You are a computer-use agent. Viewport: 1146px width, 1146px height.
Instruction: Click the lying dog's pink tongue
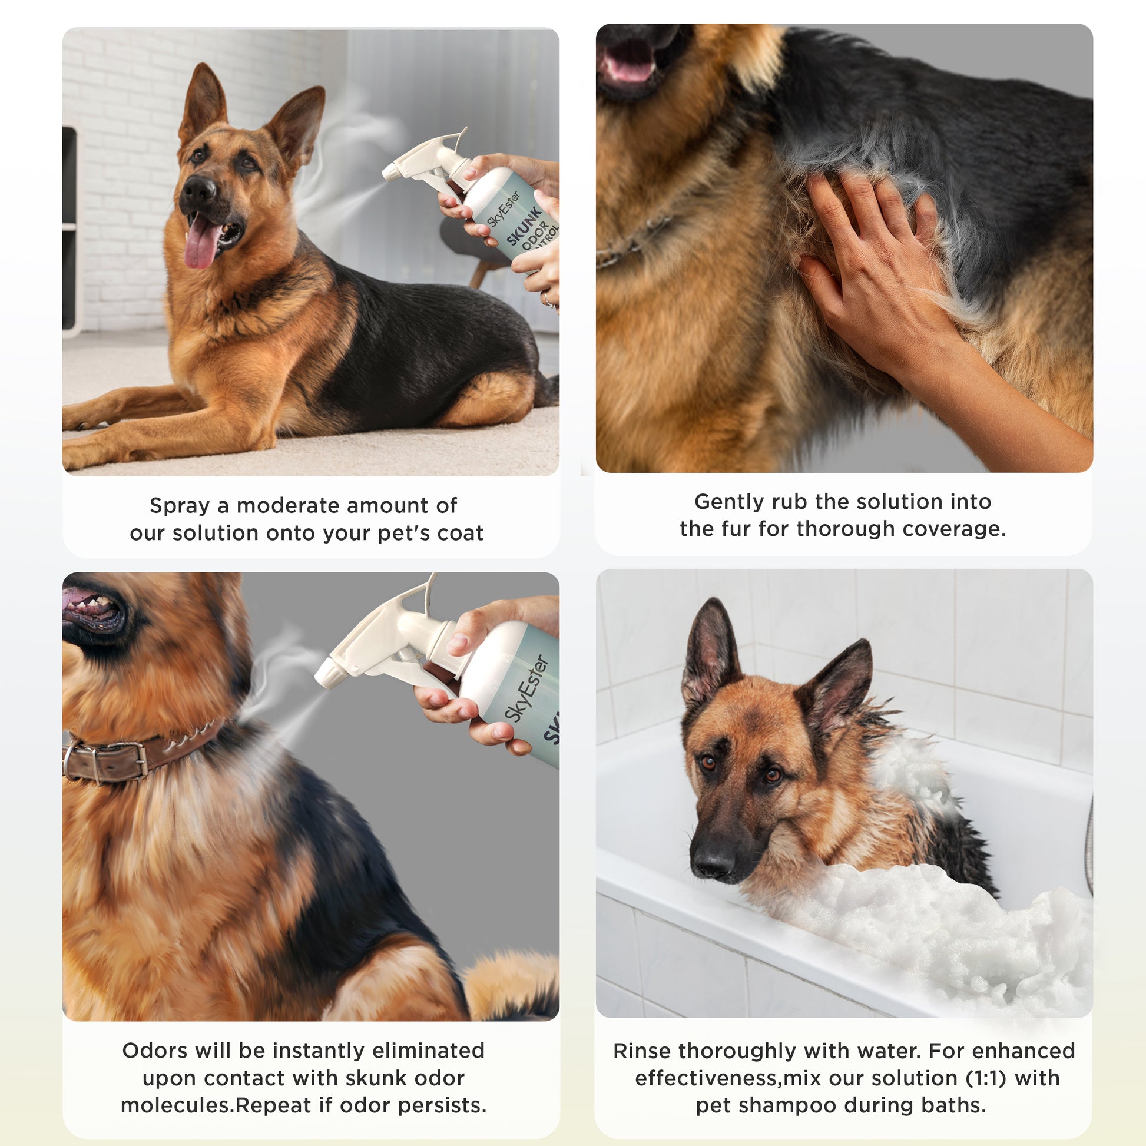[201, 241]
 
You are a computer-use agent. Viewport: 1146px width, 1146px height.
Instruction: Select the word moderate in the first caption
[287, 505]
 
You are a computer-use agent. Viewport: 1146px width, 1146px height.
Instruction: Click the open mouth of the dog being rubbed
[629, 65]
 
